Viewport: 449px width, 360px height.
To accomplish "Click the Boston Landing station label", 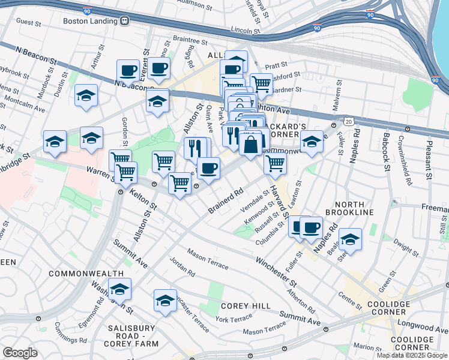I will coord(88,20).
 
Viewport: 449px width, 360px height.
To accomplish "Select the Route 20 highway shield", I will coord(349,122).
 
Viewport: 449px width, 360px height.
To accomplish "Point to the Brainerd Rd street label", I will coord(225,201).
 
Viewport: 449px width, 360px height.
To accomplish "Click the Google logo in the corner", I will coord(20,352).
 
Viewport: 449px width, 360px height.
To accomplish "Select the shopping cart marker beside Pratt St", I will coord(261,83).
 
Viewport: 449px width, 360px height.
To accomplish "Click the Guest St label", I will coord(28,22).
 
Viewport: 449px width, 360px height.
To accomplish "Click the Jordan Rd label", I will coord(182,267).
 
